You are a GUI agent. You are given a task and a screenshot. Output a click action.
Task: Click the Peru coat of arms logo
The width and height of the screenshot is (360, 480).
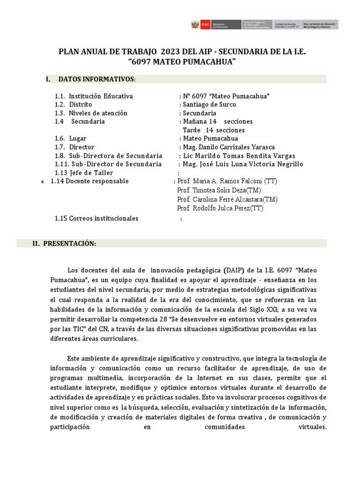(x=195, y=24)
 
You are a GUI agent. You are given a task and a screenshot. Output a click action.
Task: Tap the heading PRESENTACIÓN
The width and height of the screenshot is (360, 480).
(x=70, y=244)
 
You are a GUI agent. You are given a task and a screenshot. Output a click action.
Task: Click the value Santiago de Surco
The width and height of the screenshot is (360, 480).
(x=209, y=105)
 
